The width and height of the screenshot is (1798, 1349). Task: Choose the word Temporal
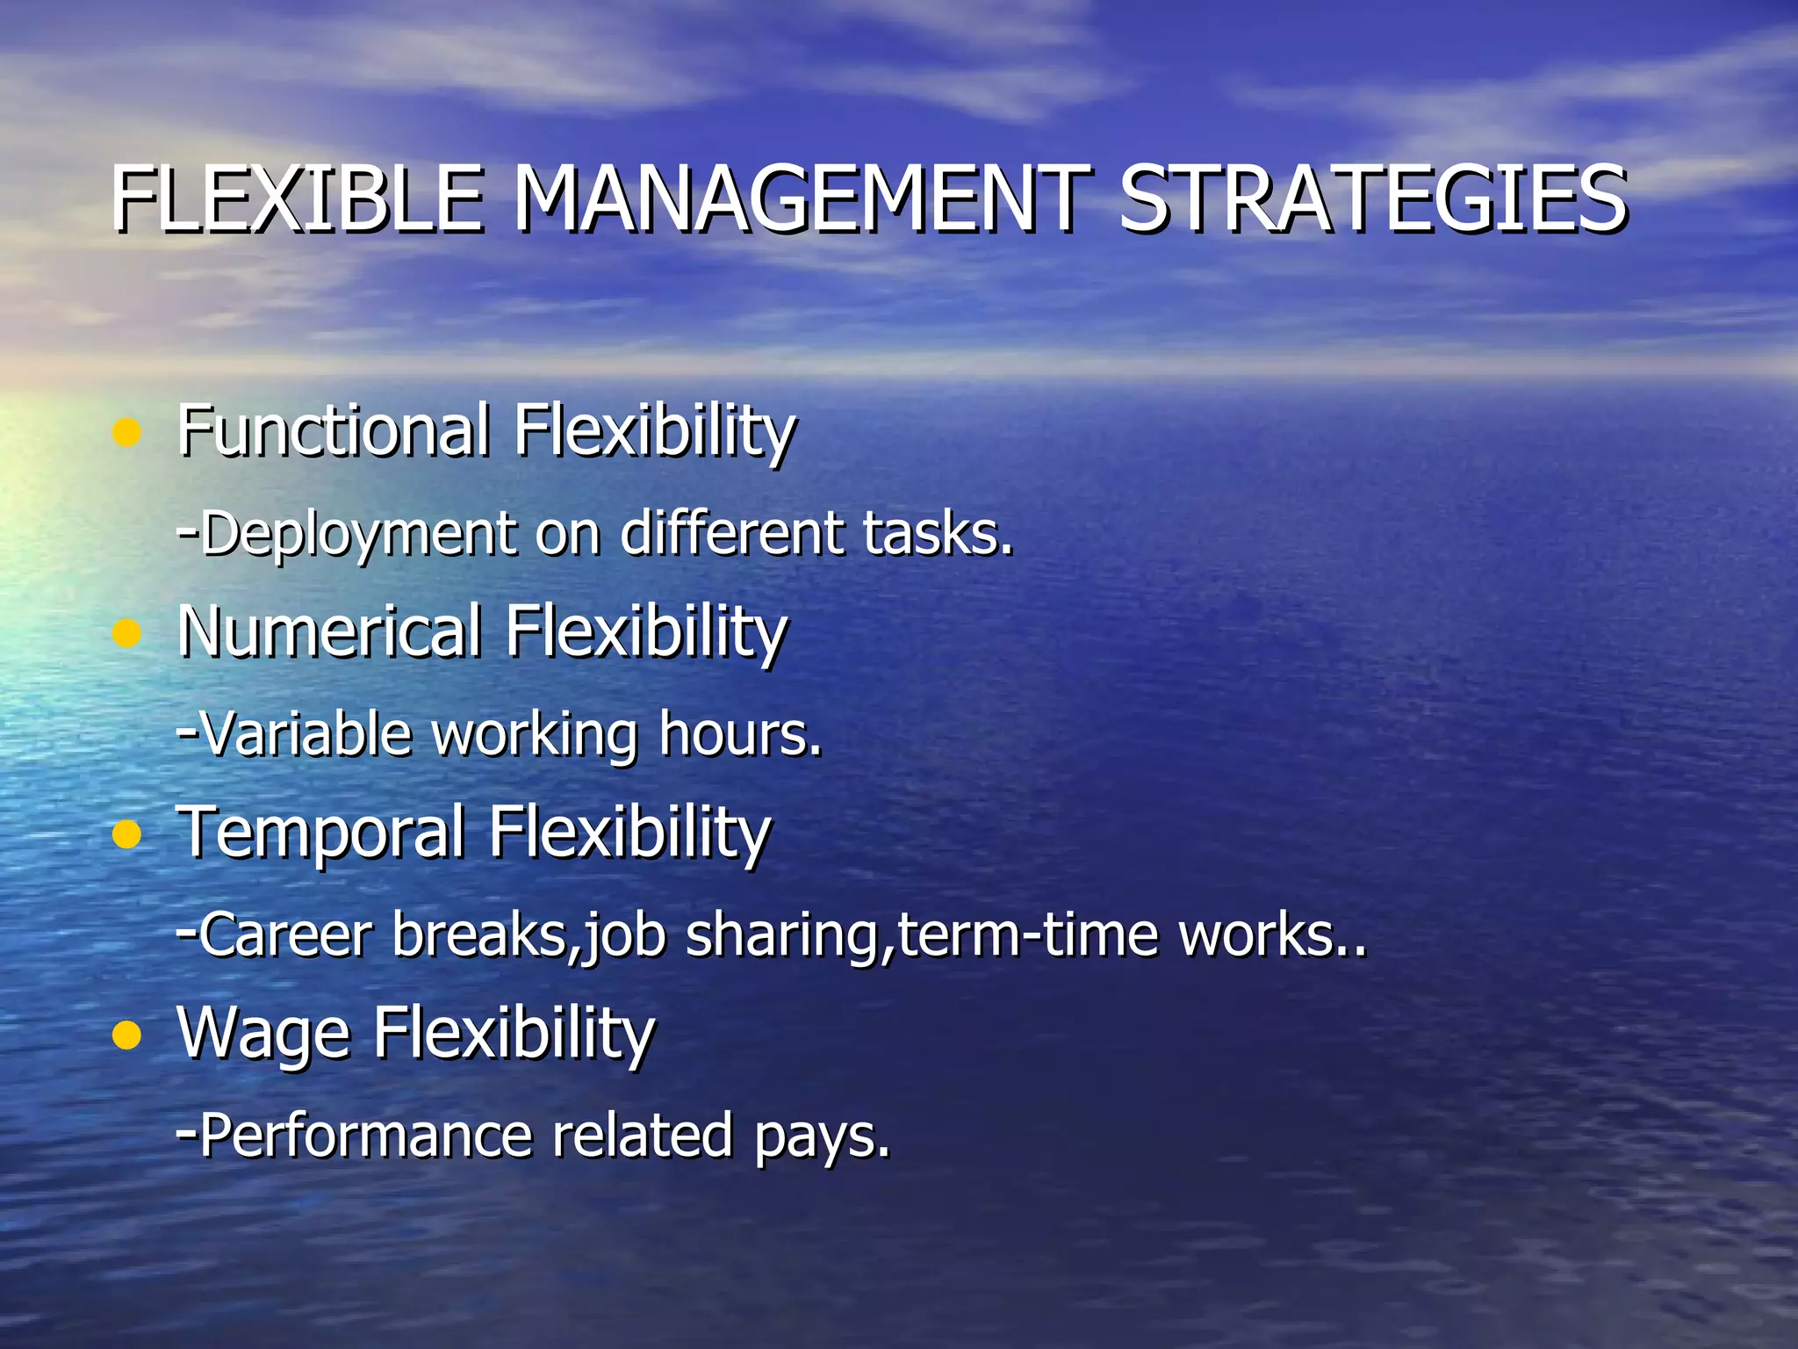pyautogui.click(x=320, y=832)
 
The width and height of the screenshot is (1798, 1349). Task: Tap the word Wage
pyautogui.click(x=263, y=1034)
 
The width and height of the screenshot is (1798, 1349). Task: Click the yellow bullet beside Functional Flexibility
pyautogui.click(x=127, y=432)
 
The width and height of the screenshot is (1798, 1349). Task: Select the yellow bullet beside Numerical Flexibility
pyautogui.click(x=127, y=633)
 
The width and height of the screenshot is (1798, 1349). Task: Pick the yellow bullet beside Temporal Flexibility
pyautogui.click(x=127, y=834)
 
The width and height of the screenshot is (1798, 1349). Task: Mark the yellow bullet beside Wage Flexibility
pyautogui.click(x=127, y=1035)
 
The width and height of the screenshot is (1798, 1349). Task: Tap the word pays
pyautogui.click(x=821, y=1136)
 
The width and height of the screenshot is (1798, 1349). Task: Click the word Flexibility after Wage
pyautogui.click(x=514, y=1034)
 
